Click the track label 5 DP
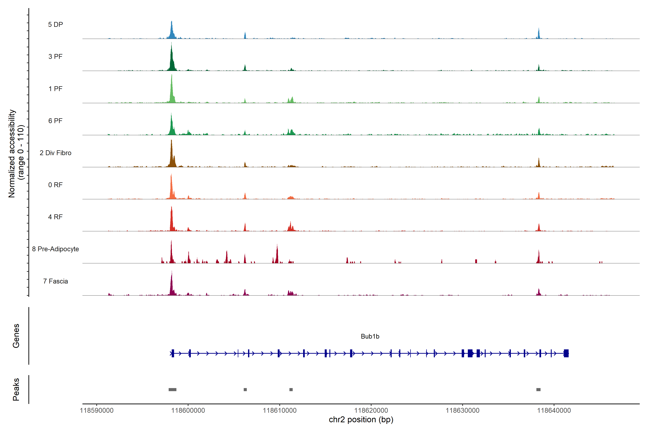55,24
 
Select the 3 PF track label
55,57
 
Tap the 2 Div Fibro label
55,153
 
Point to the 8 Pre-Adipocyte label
55,249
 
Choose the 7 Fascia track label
55,281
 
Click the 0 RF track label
55,185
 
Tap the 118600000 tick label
188,411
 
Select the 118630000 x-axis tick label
463,411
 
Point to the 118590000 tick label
96,411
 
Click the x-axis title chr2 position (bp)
361,420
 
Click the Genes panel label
16,336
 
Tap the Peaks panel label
16,389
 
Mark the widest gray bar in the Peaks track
172,390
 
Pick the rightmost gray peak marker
538,390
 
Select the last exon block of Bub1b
566,353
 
